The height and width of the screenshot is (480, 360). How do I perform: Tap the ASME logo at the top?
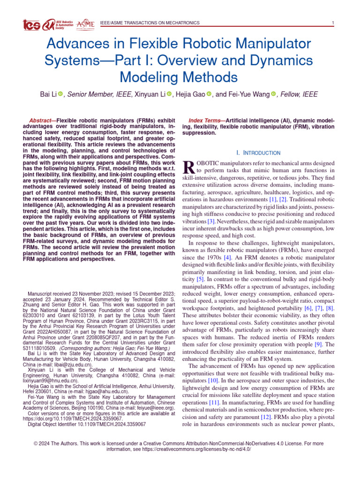point(85,24)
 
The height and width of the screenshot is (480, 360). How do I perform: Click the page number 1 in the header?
point(332,23)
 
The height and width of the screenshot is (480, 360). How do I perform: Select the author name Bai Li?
point(49,95)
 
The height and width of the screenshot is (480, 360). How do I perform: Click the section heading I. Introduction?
point(258,153)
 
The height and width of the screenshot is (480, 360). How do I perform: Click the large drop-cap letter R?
point(187,166)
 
